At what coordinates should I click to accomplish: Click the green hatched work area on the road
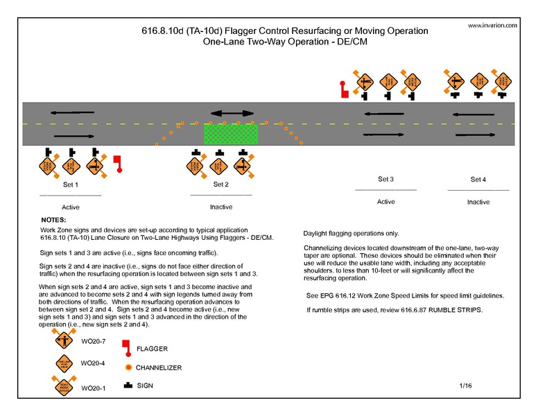point(230,133)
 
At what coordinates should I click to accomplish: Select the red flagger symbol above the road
point(342,87)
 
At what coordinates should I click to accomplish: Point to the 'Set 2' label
point(221,184)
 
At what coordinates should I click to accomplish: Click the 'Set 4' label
point(478,180)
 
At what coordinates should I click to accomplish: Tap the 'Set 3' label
point(385,180)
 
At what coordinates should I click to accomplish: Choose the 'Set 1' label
point(71,185)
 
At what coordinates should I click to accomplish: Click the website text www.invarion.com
point(492,25)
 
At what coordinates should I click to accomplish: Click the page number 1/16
point(465,384)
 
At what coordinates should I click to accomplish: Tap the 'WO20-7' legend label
point(92,343)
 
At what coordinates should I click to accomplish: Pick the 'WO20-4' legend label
point(92,363)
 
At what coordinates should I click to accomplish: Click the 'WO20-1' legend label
point(92,388)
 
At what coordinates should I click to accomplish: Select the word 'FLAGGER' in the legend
point(152,349)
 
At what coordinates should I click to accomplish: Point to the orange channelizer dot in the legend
point(128,367)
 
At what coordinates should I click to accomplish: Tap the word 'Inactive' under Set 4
point(478,202)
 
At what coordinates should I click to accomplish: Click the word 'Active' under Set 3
point(385,202)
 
